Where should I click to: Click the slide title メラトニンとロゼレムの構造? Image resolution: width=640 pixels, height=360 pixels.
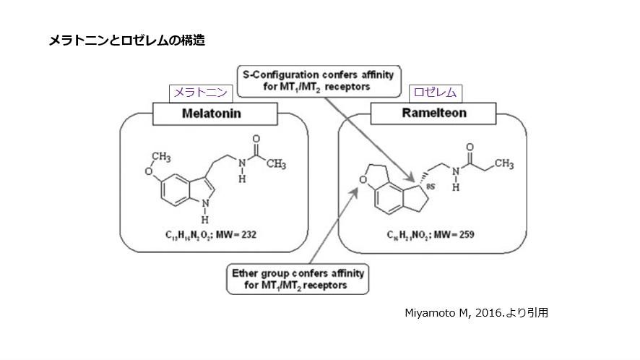point(126,40)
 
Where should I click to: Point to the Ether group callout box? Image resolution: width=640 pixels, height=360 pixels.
point(297,279)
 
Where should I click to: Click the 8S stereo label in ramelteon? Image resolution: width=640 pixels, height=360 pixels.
point(431,187)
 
